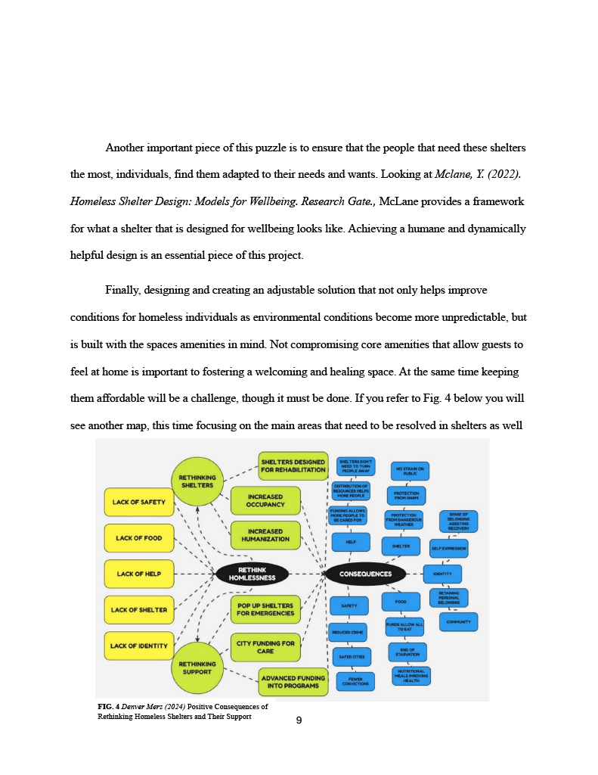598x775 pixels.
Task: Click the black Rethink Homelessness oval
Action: (x=253, y=574)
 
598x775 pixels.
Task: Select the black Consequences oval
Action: (x=366, y=574)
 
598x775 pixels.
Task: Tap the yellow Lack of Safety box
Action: (x=138, y=502)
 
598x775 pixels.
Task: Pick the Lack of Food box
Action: (x=138, y=538)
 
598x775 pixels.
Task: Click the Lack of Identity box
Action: (x=138, y=646)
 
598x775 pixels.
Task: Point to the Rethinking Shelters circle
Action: (x=197, y=481)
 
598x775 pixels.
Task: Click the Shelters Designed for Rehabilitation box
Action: (x=293, y=465)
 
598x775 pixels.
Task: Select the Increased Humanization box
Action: (x=265, y=535)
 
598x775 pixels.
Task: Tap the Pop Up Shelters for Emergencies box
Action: (x=265, y=609)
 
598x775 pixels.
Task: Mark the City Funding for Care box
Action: (x=265, y=647)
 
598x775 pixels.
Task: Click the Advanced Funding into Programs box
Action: (x=293, y=682)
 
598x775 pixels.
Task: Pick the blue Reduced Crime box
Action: (x=348, y=632)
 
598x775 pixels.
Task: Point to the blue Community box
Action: (x=458, y=622)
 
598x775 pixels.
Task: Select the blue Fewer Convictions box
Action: (x=355, y=682)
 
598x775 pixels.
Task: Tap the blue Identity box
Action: (x=442, y=574)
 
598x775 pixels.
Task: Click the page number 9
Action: (x=299, y=721)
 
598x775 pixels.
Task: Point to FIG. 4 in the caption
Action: (x=108, y=707)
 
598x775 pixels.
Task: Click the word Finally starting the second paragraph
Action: (x=122, y=291)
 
